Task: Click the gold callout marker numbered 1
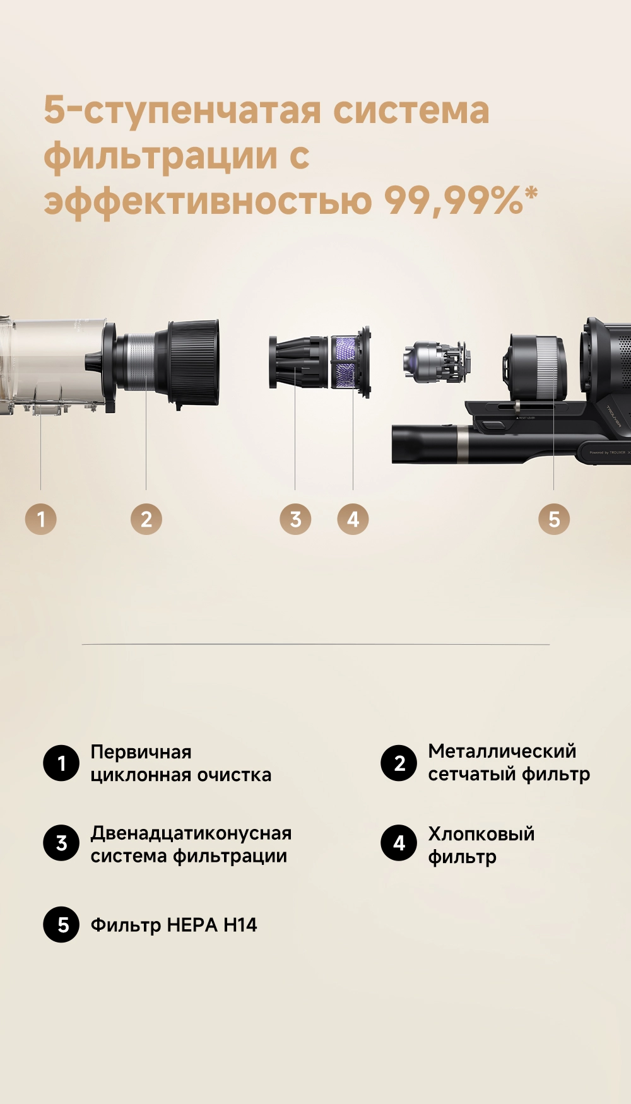[41, 519]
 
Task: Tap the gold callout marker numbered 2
[146, 519]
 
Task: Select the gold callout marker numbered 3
[295, 519]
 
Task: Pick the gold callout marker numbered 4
[353, 519]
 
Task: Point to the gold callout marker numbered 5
[554, 519]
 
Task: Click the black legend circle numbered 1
[61, 763]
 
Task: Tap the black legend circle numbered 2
[399, 763]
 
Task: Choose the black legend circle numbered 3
[61, 843]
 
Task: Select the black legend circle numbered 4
[399, 843]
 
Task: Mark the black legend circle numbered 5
[61, 924]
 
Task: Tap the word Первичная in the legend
[141, 752]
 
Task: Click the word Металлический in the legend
[502, 751]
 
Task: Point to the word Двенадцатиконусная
[191, 833]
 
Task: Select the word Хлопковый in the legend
[481, 833]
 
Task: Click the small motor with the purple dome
[435, 361]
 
